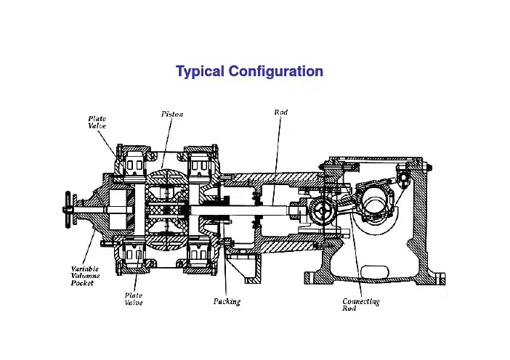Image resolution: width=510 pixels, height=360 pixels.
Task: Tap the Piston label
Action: pyautogui.click(x=173, y=115)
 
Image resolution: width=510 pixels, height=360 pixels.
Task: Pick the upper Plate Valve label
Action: pyautogui.click(x=98, y=120)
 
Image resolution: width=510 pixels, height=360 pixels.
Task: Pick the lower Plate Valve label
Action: pyautogui.click(x=133, y=299)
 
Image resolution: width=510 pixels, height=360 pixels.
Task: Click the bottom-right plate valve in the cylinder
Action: pyautogui.click(x=200, y=255)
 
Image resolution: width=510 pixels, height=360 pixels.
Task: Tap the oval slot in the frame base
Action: pyautogui.click(x=377, y=272)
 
